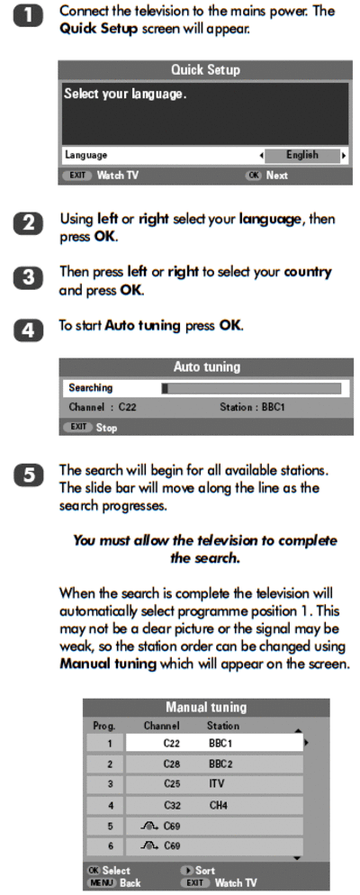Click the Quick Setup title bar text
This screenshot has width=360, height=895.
pos(205,70)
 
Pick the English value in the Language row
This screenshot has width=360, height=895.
pos(302,155)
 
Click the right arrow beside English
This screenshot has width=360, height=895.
pos(344,155)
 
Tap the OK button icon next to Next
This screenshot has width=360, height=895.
pos(253,176)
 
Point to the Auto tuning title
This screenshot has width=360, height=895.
pos(206,366)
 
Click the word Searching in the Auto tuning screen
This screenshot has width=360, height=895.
pos(90,388)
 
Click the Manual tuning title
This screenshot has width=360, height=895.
pos(206,707)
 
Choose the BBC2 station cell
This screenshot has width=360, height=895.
pos(220,764)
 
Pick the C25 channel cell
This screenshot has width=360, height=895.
pos(172,783)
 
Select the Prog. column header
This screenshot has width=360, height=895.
pos(103,726)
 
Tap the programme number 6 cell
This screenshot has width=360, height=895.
pos(110,845)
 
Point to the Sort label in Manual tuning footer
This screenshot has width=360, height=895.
pos(205,871)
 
